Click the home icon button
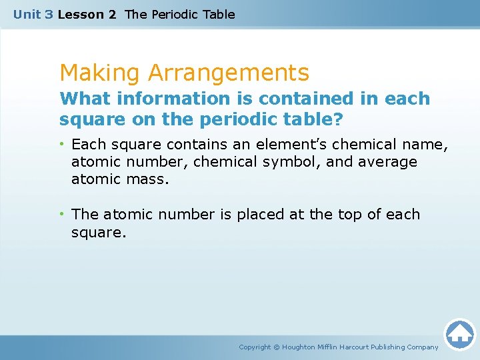coord(459,333)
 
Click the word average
coord(387,162)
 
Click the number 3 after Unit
coord(49,14)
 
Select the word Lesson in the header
coord(78,14)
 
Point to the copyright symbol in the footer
coord(277,347)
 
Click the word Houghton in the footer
coord(299,347)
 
